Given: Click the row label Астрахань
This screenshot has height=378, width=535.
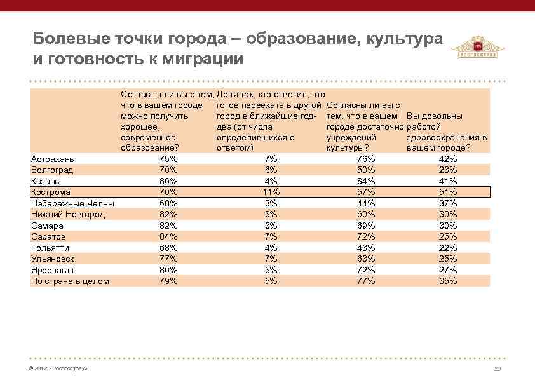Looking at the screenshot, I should tap(53, 159).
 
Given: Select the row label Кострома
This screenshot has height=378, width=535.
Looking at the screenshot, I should tap(51, 192).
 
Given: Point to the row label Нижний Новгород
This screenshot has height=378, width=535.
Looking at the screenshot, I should tap(68, 214).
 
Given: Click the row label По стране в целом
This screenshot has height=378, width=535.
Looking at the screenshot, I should tap(70, 281).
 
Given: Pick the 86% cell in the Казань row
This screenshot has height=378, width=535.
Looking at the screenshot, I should tap(168, 181).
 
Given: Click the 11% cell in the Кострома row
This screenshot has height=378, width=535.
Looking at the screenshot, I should tap(271, 192).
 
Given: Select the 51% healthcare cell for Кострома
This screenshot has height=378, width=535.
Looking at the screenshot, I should tap(448, 192).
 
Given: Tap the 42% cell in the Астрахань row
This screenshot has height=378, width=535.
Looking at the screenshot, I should tap(448, 159).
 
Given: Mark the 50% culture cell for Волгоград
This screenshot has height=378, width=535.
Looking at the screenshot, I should tap(366, 170).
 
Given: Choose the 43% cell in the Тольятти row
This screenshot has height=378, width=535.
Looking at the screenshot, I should tap(366, 248).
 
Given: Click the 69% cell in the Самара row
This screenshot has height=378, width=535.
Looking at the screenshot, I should tap(366, 226).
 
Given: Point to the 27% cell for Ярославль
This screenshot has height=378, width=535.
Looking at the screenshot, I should tap(448, 270).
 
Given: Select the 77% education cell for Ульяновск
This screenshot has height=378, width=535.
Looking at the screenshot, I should tap(168, 259).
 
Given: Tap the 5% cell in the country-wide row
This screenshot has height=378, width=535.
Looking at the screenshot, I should tap(271, 281).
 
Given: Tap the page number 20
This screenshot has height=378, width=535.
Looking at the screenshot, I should tap(498, 369).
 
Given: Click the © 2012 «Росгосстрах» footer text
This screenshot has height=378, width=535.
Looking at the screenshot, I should tap(58, 369).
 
